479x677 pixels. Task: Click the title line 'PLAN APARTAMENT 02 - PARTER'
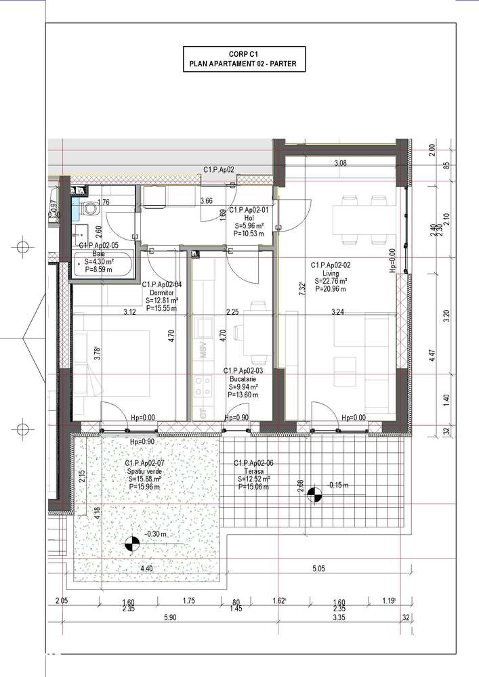click(243, 65)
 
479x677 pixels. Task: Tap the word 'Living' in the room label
click(330, 273)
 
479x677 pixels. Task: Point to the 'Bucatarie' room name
click(242, 379)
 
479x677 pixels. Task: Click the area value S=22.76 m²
click(330, 281)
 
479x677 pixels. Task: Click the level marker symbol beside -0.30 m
click(133, 543)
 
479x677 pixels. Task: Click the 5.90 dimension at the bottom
click(169, 617)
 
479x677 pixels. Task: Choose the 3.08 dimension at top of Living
click(340, 163)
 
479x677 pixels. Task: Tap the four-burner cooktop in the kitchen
click(202, 385)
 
